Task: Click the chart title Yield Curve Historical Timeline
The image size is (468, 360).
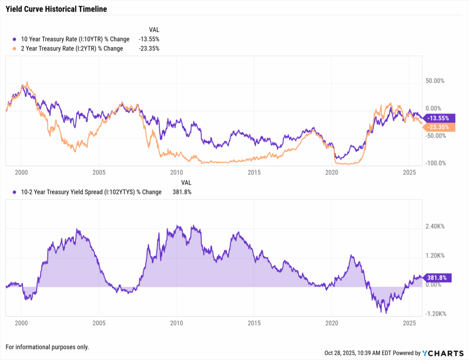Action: pyautogui.click(x=56, y=9)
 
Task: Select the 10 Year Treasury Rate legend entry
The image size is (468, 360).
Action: pyautogui.click(x=71, y=39)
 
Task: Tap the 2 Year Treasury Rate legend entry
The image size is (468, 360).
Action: pyautogui.click(x=68, y=48)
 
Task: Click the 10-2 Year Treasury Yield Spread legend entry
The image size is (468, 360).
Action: pyautogui.click(x=87, y=192)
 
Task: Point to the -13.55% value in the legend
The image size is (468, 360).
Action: pyautogui.click(x=149, y=39)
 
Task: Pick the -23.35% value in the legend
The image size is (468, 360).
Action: pyautogui.click(x=149, y=48)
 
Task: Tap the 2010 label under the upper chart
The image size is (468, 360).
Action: pyautogui.click(x=176, y=173)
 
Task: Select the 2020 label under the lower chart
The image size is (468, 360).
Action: pyautogui.click(x=331, y=323)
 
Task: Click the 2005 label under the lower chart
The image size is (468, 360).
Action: pyautogui.click(x=99, y=323)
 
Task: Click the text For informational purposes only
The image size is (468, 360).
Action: pyautogui.click(x=47, y=347)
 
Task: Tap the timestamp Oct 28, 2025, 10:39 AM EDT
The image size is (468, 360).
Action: pyautogui.click(x=355, y=353)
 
